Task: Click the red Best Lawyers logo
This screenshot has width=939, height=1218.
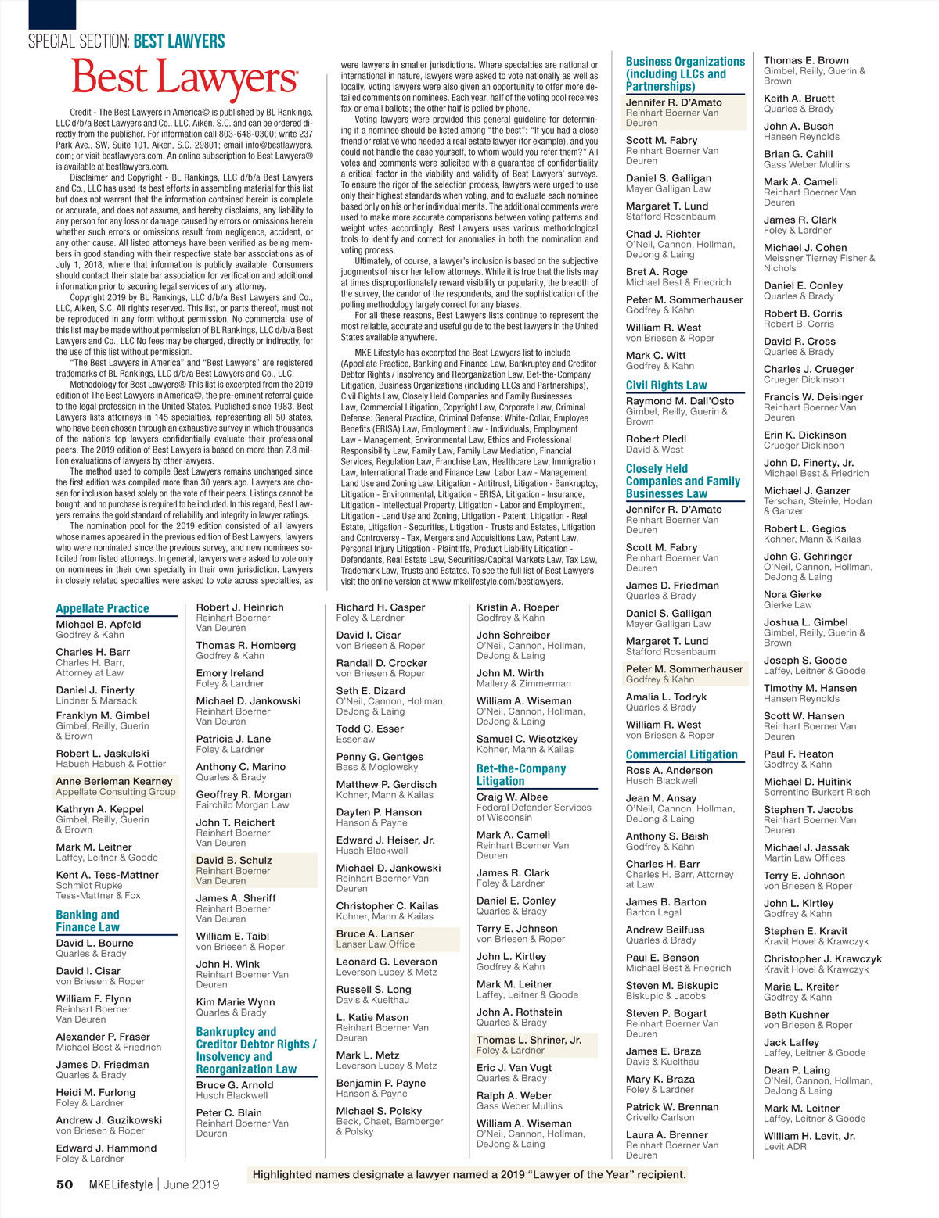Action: (185, 79)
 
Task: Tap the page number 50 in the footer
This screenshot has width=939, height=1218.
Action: (64, 1184)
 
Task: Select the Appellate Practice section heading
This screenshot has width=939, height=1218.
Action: (103, 608)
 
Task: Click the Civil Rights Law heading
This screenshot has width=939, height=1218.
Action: (666, 385)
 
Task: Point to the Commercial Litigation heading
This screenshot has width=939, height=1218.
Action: (682, 754)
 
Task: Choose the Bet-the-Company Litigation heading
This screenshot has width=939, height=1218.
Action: (521, 774)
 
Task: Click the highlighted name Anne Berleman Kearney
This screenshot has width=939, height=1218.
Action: (114, 781)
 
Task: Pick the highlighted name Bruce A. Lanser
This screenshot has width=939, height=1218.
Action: (375, 933)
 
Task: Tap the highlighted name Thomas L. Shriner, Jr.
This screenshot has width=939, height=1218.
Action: (529, 1040)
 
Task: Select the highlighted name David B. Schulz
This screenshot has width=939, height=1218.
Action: (234, 860)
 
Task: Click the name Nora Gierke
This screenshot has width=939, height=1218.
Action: (793, 594)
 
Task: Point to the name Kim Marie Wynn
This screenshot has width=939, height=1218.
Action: (236, 1001)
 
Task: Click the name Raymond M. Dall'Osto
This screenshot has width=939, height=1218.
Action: (680, 401)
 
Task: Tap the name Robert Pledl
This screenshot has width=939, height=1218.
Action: (656, 439)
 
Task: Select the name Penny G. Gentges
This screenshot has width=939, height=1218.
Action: (380, 757)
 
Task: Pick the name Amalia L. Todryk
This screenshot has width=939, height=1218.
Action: (666, 697)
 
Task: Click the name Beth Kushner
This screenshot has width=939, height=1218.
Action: (797, 1015)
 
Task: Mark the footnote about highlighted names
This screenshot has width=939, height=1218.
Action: (469, 1174)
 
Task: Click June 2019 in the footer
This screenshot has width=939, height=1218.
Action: (191, 1184)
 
